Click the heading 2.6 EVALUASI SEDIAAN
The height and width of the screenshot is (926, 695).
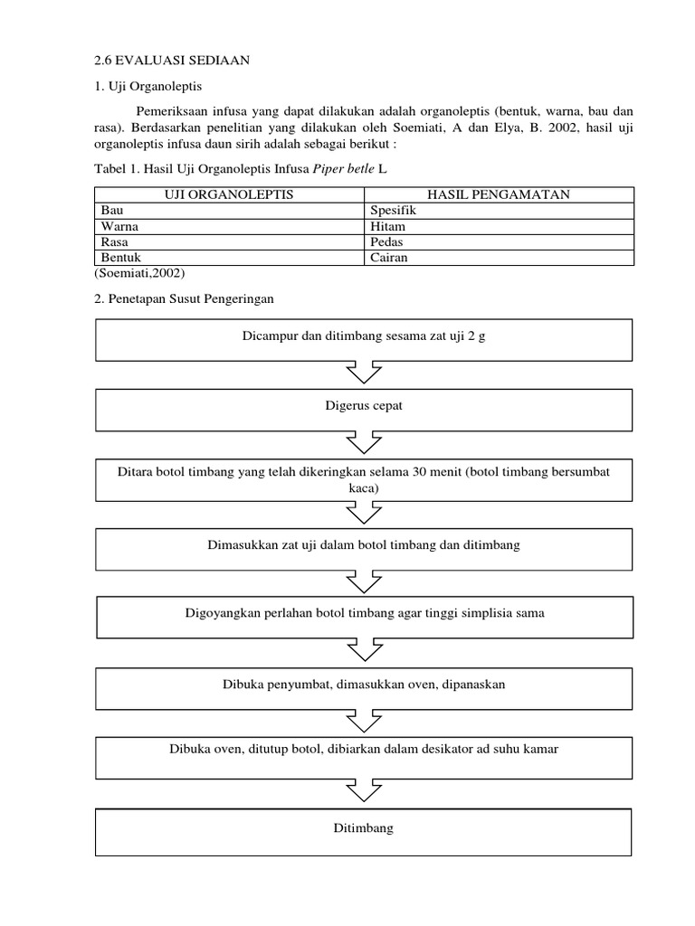171,61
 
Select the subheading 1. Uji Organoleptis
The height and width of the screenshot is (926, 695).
148,87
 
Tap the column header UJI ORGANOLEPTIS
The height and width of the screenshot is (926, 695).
229,194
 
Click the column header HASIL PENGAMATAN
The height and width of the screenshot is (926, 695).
499,194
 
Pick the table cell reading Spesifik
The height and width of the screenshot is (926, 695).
394,210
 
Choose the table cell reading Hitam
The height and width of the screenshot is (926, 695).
387,226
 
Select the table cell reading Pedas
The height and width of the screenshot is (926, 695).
387,242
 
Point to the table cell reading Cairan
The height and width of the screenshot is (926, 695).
389,258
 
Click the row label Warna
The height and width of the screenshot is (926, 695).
119,226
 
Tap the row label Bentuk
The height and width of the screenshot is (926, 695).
121,258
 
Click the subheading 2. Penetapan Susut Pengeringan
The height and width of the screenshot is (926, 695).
184,298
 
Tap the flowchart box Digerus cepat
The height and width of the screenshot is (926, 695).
363,406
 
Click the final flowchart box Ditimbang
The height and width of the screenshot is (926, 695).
363,828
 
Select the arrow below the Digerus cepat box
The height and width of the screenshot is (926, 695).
363,441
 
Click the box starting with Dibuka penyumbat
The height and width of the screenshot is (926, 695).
363,685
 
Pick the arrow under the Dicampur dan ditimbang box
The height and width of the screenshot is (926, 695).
363,371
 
